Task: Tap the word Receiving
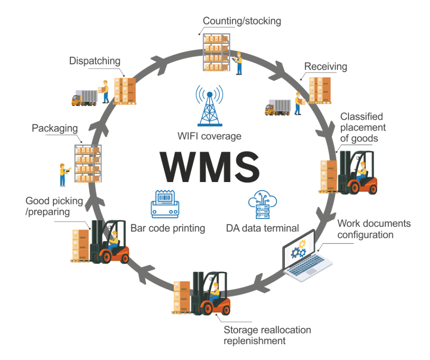[x=325, y=67]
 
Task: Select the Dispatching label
[x=94, y=61]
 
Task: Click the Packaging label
[x=55, y=128]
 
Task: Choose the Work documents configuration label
[x=373, y=229]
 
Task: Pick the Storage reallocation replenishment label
[x=267, y=335]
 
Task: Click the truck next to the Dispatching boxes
[x=84, y=98]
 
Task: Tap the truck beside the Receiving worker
[x=278, y=107]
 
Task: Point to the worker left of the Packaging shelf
[x=63, y=174]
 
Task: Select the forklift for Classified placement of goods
[x=358, y=172]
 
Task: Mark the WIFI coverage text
[x=209, y=136]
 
